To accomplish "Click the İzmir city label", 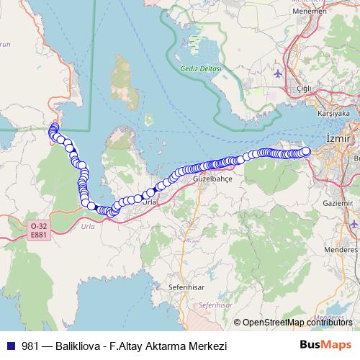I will point(338,138).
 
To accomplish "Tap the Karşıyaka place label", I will point(333,114).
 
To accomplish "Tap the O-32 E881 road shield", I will point(38,230).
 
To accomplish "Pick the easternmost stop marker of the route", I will point(305,151).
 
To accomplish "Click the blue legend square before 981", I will point(9,346).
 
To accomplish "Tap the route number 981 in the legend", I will point(31,346).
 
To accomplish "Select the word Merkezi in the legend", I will point(207,346).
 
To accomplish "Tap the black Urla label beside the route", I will point(149,203).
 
